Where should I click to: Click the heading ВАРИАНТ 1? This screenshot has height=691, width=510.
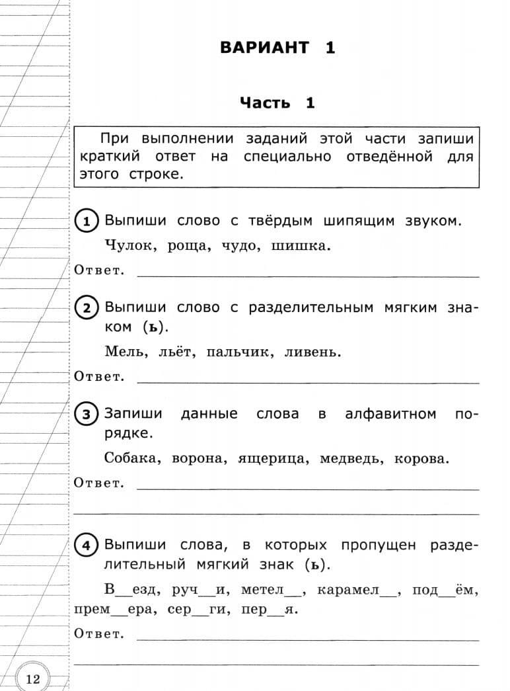click(x=277, y=48)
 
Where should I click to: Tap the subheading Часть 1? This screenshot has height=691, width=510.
click(x=277, y=102)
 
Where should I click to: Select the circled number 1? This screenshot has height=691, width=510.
click(x=87, y=221)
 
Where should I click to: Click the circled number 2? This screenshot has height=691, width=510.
click(x=87, y=307)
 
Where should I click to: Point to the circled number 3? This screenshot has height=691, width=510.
click(x=87, y=415)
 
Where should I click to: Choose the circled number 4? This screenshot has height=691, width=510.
click(x=87, y=546)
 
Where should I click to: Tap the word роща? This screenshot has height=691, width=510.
click(x=190, y=247)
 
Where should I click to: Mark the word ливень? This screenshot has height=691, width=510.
click(x=312, y=352)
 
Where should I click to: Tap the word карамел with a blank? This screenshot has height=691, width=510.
click(x=357, y=590)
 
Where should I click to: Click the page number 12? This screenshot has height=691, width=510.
click(x=33, y=678)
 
